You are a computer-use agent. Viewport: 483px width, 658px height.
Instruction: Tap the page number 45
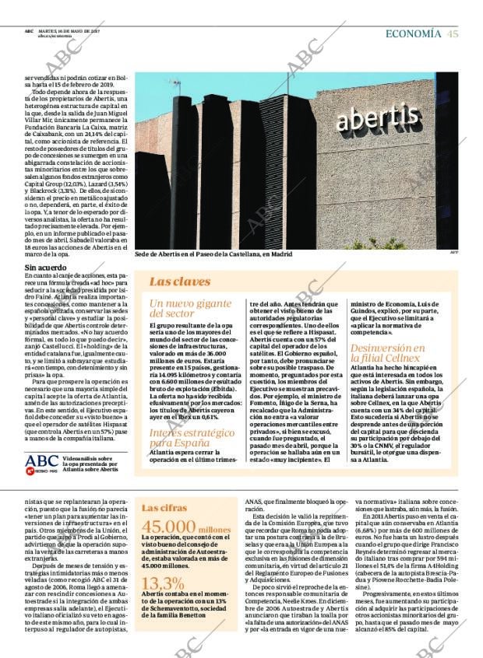(453, 33)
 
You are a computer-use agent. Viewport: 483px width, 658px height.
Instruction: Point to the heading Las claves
(179, 282)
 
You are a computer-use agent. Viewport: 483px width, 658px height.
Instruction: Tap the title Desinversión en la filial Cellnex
(386, 353)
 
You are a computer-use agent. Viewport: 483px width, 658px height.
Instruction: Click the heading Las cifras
(164, 508)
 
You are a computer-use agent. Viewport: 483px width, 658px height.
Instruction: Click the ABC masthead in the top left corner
(28, 30)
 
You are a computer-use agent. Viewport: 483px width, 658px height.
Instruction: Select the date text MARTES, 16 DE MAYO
(65, 30)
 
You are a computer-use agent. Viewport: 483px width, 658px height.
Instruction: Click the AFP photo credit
(454, 252)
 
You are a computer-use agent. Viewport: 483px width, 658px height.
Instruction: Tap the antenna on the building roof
(175, 85)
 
